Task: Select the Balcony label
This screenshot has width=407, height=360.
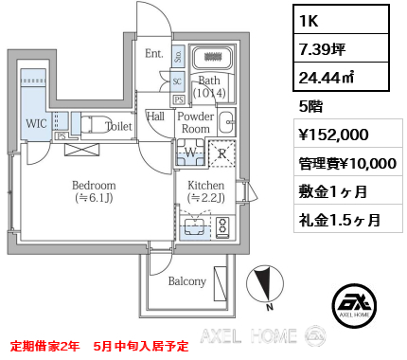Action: coord(187,281)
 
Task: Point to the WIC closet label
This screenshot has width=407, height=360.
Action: coord(36,124)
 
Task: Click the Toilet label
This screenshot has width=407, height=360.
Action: coord(118,126)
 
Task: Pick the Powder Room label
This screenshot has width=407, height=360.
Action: coord(195,122)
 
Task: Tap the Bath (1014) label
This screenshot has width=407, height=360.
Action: coord(207,87)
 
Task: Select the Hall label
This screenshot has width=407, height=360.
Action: coord(156,117)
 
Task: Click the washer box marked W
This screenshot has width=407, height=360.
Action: coord(188,152)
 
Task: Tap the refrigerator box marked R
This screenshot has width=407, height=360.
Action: coord(221,152)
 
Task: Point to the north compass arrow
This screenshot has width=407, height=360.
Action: coord(265,283)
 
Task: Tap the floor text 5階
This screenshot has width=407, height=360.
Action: coord(310,105)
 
